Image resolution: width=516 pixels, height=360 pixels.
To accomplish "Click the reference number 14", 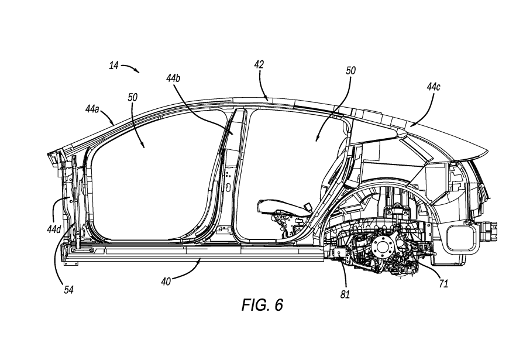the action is pyautogui.click(x=113, y=66).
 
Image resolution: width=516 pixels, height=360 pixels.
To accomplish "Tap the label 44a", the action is pyautogui.click(x=92, y=109).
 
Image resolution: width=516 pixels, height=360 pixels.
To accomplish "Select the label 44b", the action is pyautogui.click(x=173, y=78).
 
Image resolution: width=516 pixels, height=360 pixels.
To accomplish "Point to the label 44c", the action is pyautogui.click(x=434, y=87).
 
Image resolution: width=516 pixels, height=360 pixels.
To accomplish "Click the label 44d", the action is pyautogui.click(x=54, y=229).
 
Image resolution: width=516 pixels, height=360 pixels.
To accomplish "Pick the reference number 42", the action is pyautogui.click(x=259, y=64).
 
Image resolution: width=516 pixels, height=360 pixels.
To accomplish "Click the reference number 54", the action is pyautogui.click(x=68, y=290).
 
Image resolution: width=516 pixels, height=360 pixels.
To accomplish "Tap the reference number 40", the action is pyautogui.click(x=166, y=282).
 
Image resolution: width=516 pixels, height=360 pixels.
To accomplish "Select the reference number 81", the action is pyautogui.click(x=345, y=294).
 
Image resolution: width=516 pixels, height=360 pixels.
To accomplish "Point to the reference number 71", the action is pyautogui.click(x=443, y=283).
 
